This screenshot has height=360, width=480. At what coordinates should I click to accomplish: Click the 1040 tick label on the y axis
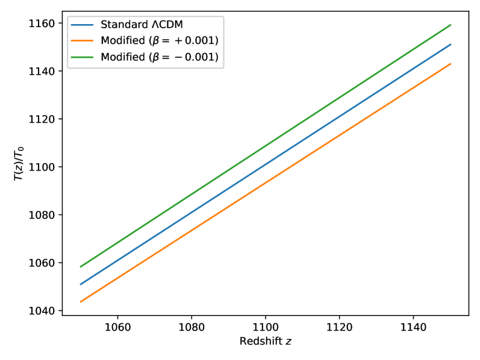[x=44, y=311]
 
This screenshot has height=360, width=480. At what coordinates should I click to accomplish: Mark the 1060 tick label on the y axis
[x=44, y=263]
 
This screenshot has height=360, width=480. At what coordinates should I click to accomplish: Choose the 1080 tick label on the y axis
[x=44, y=215]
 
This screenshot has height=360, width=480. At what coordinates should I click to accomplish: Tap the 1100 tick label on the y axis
[x=44, y=167]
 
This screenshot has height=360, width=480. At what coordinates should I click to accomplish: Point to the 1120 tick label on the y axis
[x=44, y=119]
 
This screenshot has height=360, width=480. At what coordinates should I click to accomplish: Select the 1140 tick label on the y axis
[x=44, y=71]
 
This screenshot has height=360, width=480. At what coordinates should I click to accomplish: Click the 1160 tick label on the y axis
[x=44, y=23]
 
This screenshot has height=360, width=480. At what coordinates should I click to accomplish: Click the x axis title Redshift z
[x=265, y=342]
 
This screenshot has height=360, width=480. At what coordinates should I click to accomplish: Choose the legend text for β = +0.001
[x=158, y=41]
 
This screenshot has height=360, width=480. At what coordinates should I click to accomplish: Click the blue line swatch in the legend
[x=83, y=26]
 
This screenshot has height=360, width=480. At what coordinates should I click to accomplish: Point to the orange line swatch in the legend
[x=83, y=41]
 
